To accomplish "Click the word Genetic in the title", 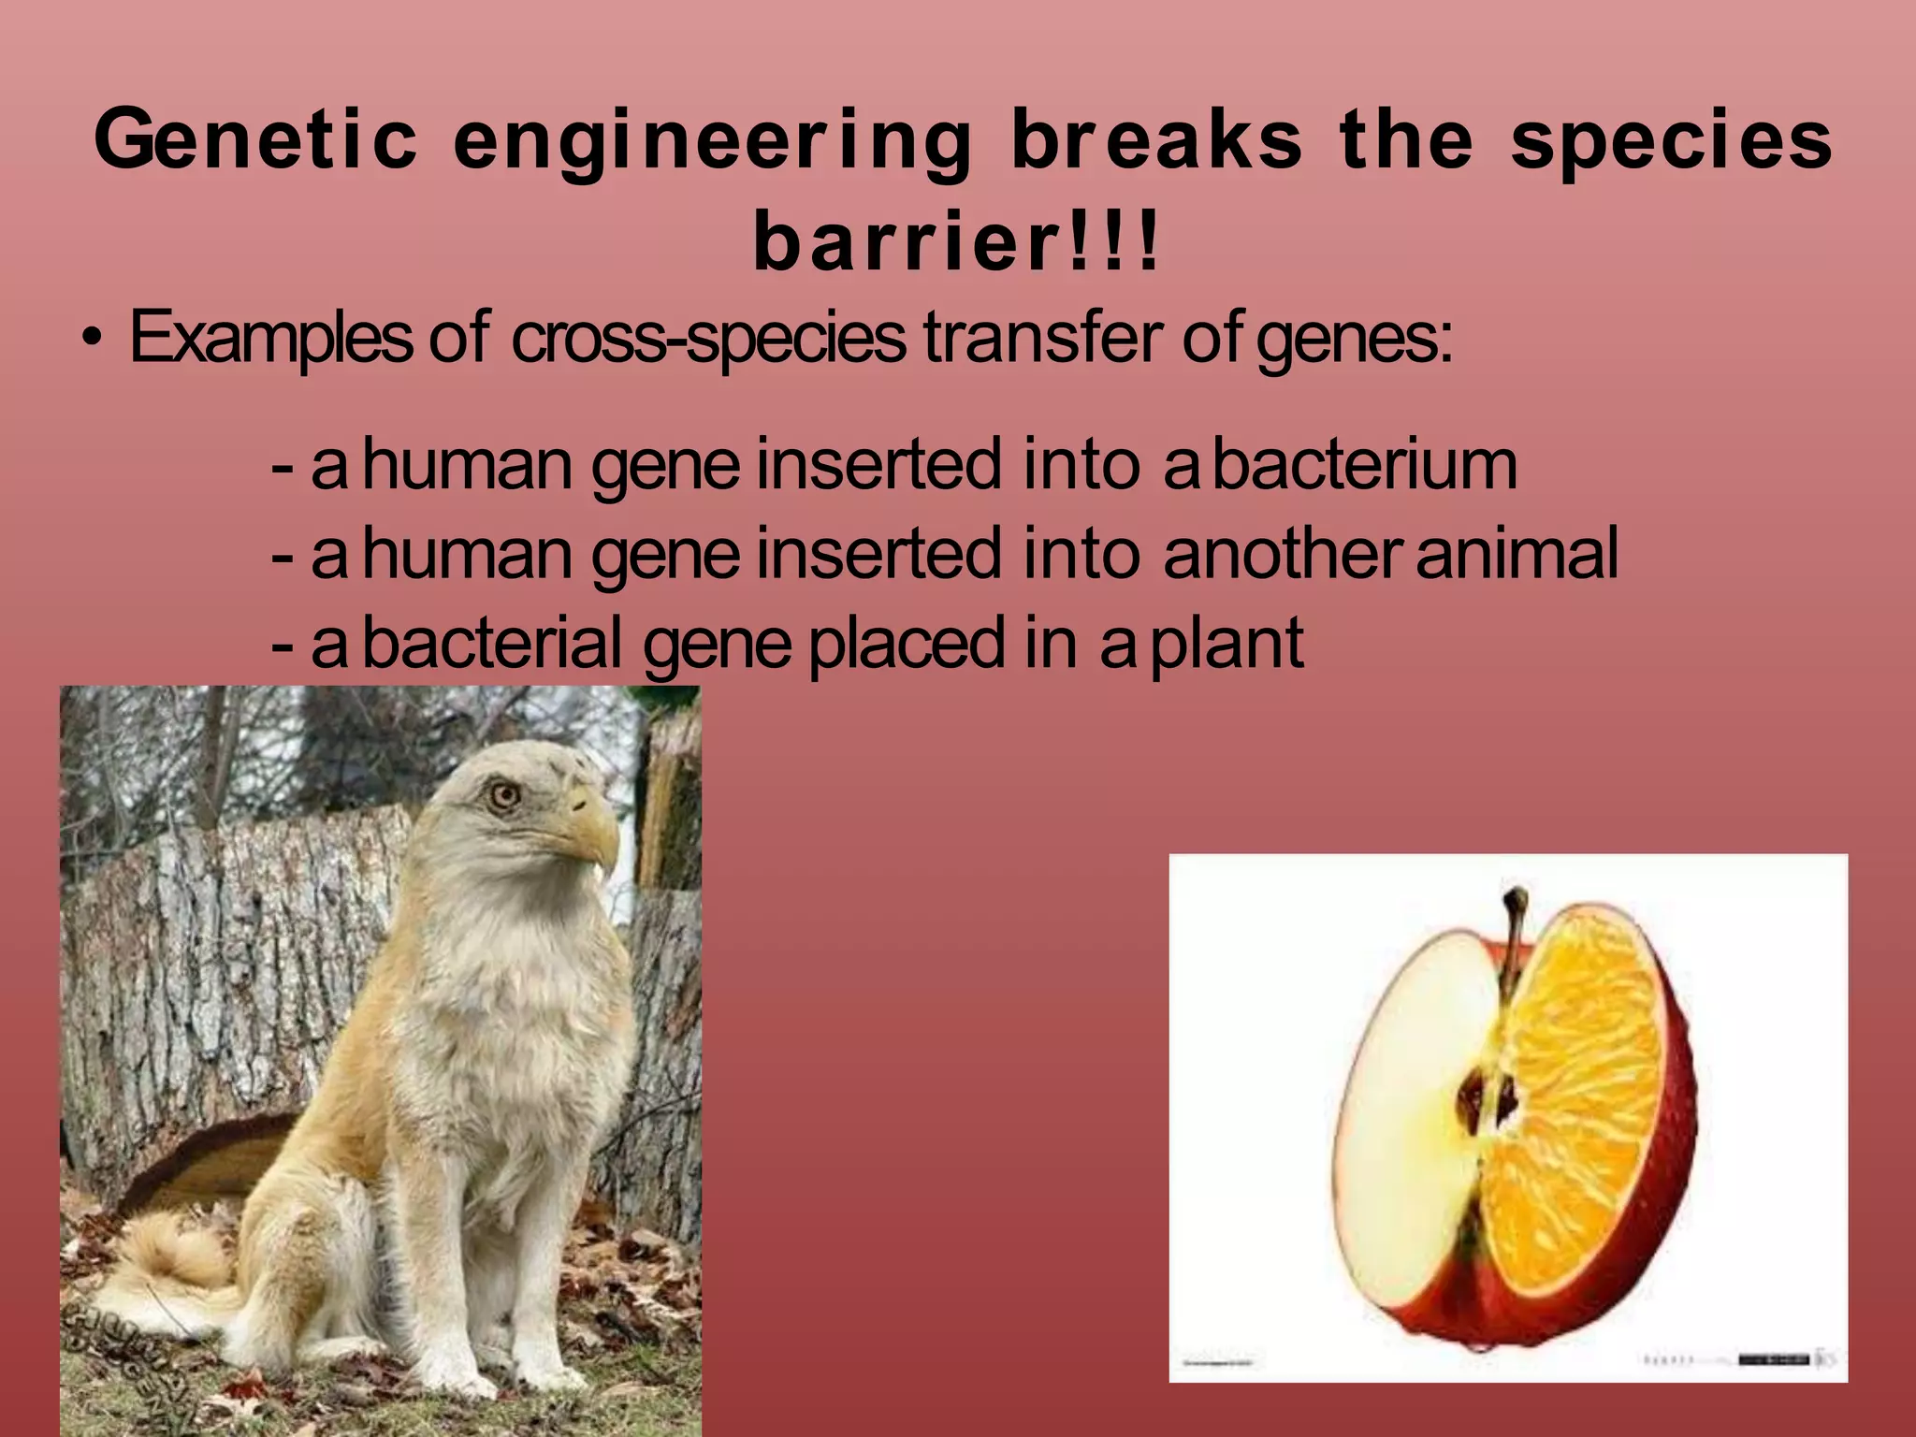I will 254,140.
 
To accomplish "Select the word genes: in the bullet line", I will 1354,339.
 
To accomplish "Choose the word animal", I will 1517,554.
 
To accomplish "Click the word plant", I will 1227,644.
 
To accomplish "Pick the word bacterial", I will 492,643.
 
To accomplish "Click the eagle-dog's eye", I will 504,795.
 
